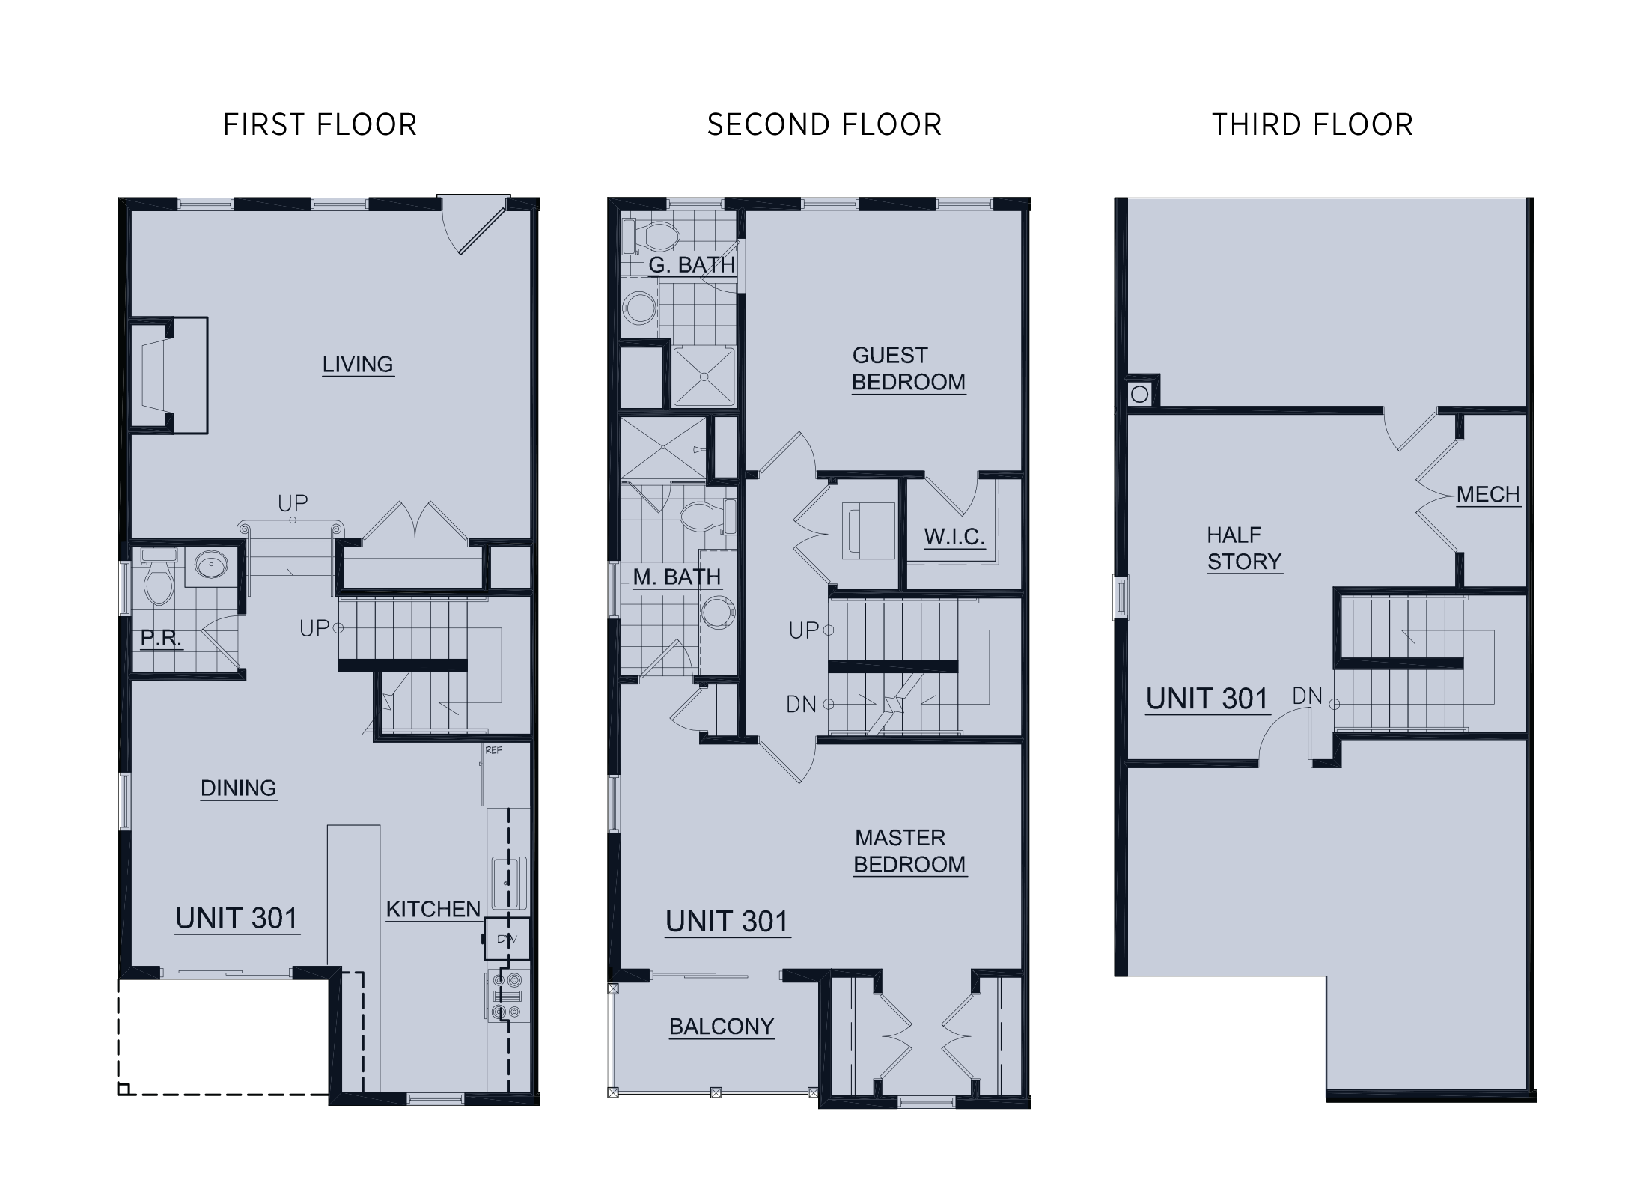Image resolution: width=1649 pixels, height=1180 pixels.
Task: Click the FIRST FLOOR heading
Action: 320,124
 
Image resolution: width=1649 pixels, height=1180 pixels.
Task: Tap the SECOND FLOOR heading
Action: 824,124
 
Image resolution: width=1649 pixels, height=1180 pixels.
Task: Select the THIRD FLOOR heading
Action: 1313,124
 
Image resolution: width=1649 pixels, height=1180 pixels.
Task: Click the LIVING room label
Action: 358,365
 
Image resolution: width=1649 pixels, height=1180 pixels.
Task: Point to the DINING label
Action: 239,788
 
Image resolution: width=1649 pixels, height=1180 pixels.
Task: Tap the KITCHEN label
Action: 433,910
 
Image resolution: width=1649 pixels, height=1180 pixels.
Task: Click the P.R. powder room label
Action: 161,639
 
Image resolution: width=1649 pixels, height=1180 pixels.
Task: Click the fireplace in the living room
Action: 169,375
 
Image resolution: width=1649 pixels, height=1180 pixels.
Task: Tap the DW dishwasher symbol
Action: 507,939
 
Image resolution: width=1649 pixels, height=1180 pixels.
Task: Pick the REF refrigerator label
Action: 493,749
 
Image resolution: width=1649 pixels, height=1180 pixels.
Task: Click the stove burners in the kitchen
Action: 507,995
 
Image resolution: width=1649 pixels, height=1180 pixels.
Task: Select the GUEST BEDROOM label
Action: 909,368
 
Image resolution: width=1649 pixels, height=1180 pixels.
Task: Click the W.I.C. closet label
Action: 954,537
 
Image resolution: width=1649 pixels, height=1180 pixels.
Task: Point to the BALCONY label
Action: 722,1027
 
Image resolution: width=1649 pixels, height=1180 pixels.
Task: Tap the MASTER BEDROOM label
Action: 910,851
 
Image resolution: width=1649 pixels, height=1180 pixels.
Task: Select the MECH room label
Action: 1488,495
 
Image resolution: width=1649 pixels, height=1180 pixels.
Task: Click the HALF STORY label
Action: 1244,549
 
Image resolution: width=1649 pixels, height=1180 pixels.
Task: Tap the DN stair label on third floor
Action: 1307,696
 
